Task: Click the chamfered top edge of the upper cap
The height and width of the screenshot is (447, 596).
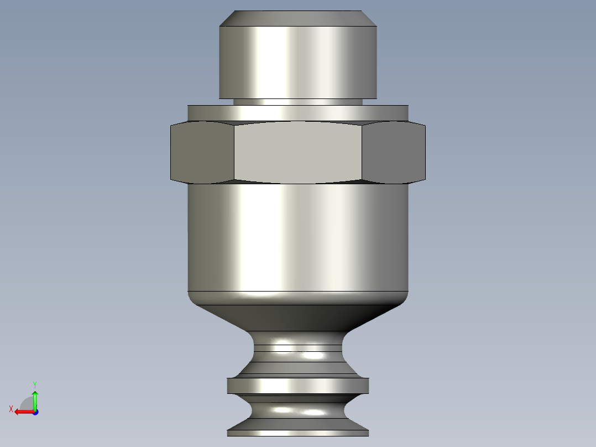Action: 298,18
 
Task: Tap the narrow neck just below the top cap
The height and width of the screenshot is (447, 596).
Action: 298,102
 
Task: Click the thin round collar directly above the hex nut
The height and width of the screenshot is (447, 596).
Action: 298,113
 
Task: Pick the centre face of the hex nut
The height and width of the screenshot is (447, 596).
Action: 298,152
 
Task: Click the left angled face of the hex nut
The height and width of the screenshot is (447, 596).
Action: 202,152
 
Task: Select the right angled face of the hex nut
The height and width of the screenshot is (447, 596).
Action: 394,152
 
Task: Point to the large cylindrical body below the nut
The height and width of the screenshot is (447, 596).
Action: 298,237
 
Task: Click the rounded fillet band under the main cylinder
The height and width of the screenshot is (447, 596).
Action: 298,298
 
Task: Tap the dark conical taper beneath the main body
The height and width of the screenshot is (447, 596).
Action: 298,318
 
